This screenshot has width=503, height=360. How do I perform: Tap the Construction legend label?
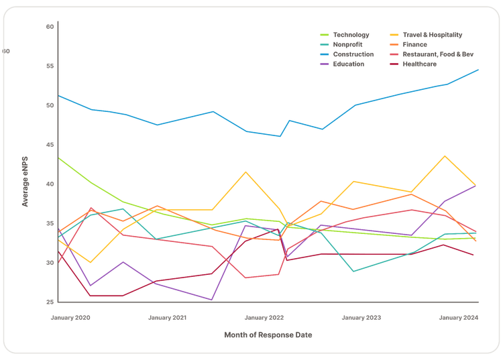click(x=353, y=54)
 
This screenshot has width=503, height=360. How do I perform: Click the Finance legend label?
click(x=414, y=44)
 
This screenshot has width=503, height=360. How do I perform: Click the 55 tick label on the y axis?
click(x=50, y=66)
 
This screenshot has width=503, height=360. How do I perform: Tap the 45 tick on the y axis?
click(x=50, y=145)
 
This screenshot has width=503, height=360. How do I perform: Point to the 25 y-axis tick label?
click(x=50, y=302)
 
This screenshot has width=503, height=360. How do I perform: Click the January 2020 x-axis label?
click(x=70, y=318)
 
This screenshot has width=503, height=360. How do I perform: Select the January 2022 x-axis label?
click(x=264, y=318)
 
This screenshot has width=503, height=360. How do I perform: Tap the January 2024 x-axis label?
click(x=459, y=318)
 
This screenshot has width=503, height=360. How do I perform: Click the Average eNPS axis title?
click(x=25, y=182)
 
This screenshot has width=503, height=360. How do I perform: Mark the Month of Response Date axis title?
click(x=268, y=335)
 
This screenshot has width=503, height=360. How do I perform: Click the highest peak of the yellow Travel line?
click(x=445, y=156)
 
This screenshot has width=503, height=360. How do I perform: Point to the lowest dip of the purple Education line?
click(x=211, y=300)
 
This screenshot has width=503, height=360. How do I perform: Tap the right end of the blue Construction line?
click(x=478, y=70)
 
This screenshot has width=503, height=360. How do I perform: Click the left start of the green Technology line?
click(x=59, y=158)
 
